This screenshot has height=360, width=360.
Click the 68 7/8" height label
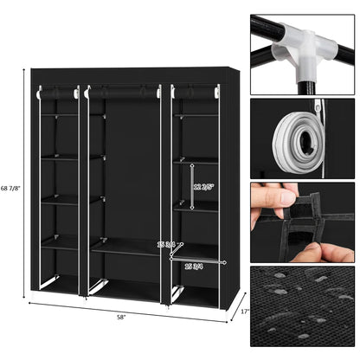click(x=11, y=190)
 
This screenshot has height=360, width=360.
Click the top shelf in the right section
click(x=195, y=116)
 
